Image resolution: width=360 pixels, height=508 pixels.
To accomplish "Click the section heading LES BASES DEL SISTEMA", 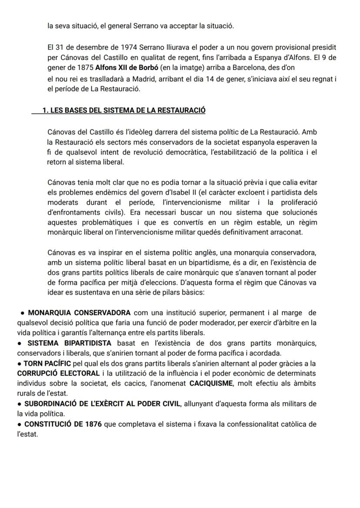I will coord(123,110).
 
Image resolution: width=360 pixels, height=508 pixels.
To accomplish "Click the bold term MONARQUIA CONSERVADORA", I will coord(79,313).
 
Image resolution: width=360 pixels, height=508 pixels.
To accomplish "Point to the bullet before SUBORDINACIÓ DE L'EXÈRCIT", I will coord(20,404).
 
